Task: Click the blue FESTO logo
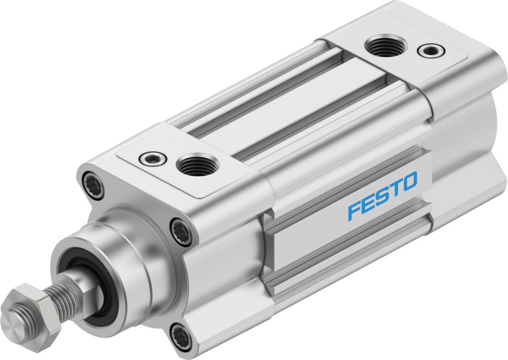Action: [x=382, y=196]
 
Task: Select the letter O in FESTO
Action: [x=409, y=181]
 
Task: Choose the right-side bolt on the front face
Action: [x=181, y=232]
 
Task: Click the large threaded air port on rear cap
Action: [x=385, y=47]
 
